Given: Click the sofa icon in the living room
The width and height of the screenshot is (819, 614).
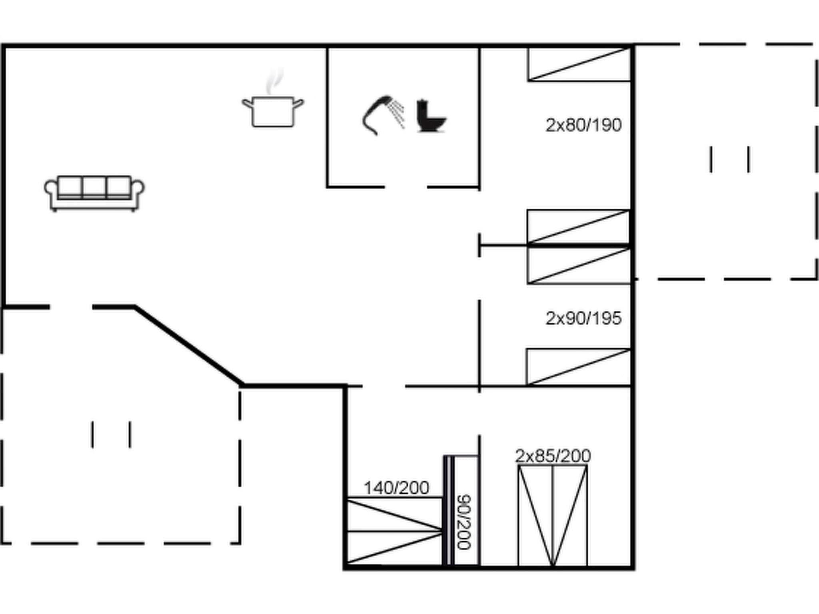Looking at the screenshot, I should (x=94, y=193).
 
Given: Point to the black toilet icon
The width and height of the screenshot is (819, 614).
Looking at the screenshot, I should (x=430, y=116).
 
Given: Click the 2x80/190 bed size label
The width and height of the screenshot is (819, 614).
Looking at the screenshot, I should (x=583, y=125).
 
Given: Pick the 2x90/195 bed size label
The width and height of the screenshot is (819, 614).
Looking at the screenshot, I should (x=583, y=319).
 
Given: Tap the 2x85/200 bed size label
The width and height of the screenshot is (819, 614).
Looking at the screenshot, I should (x=553, y=456).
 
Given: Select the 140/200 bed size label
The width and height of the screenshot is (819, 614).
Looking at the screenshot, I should (x=396, y=488).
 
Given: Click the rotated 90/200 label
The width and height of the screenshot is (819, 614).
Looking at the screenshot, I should (x=464, y=522).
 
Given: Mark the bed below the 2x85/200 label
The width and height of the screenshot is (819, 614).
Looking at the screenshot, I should (x=553, y=516).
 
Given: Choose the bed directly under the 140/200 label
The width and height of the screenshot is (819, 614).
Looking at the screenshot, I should (x=395, y=531).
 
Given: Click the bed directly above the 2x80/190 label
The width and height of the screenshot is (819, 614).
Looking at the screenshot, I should (x=579, y=64).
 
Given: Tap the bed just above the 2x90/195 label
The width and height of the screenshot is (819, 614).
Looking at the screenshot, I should (x=579, y=265).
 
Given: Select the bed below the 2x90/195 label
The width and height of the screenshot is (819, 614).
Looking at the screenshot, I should (x=578, y=367).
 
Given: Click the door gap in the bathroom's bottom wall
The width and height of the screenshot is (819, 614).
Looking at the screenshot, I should (x=406, y=187).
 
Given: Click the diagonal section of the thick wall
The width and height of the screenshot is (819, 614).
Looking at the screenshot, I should (x=188, y=345).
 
